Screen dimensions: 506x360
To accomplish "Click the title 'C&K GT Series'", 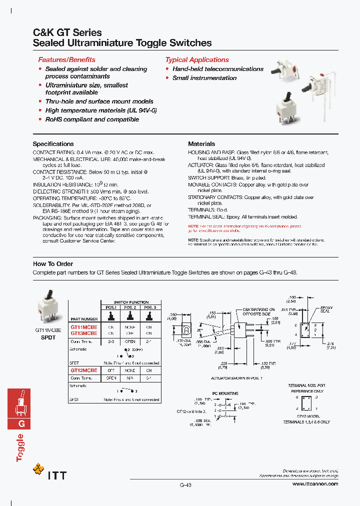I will coord(67,32).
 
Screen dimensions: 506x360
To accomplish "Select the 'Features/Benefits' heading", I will coord(66,59).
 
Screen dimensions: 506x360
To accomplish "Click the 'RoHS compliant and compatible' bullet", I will coord(92,119).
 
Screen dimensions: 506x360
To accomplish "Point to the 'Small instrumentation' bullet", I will coord(204,78).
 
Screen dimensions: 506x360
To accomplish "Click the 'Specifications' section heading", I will coord(53,143).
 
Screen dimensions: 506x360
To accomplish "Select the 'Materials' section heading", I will coord(201,143).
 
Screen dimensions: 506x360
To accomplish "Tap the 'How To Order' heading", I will coord(53,263).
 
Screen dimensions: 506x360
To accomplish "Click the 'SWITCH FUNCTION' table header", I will coord(131,302).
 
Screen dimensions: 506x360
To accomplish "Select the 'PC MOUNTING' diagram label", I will coord(225,393).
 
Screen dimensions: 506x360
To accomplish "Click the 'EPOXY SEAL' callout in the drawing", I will coord(326,309).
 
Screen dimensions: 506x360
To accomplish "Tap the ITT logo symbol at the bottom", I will coord(38,469).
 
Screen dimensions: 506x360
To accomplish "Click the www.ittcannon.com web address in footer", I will coord(315,484).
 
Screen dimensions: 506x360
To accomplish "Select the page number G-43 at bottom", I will coord(185,484).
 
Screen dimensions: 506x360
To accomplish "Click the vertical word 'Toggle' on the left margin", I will coord(20,447).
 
